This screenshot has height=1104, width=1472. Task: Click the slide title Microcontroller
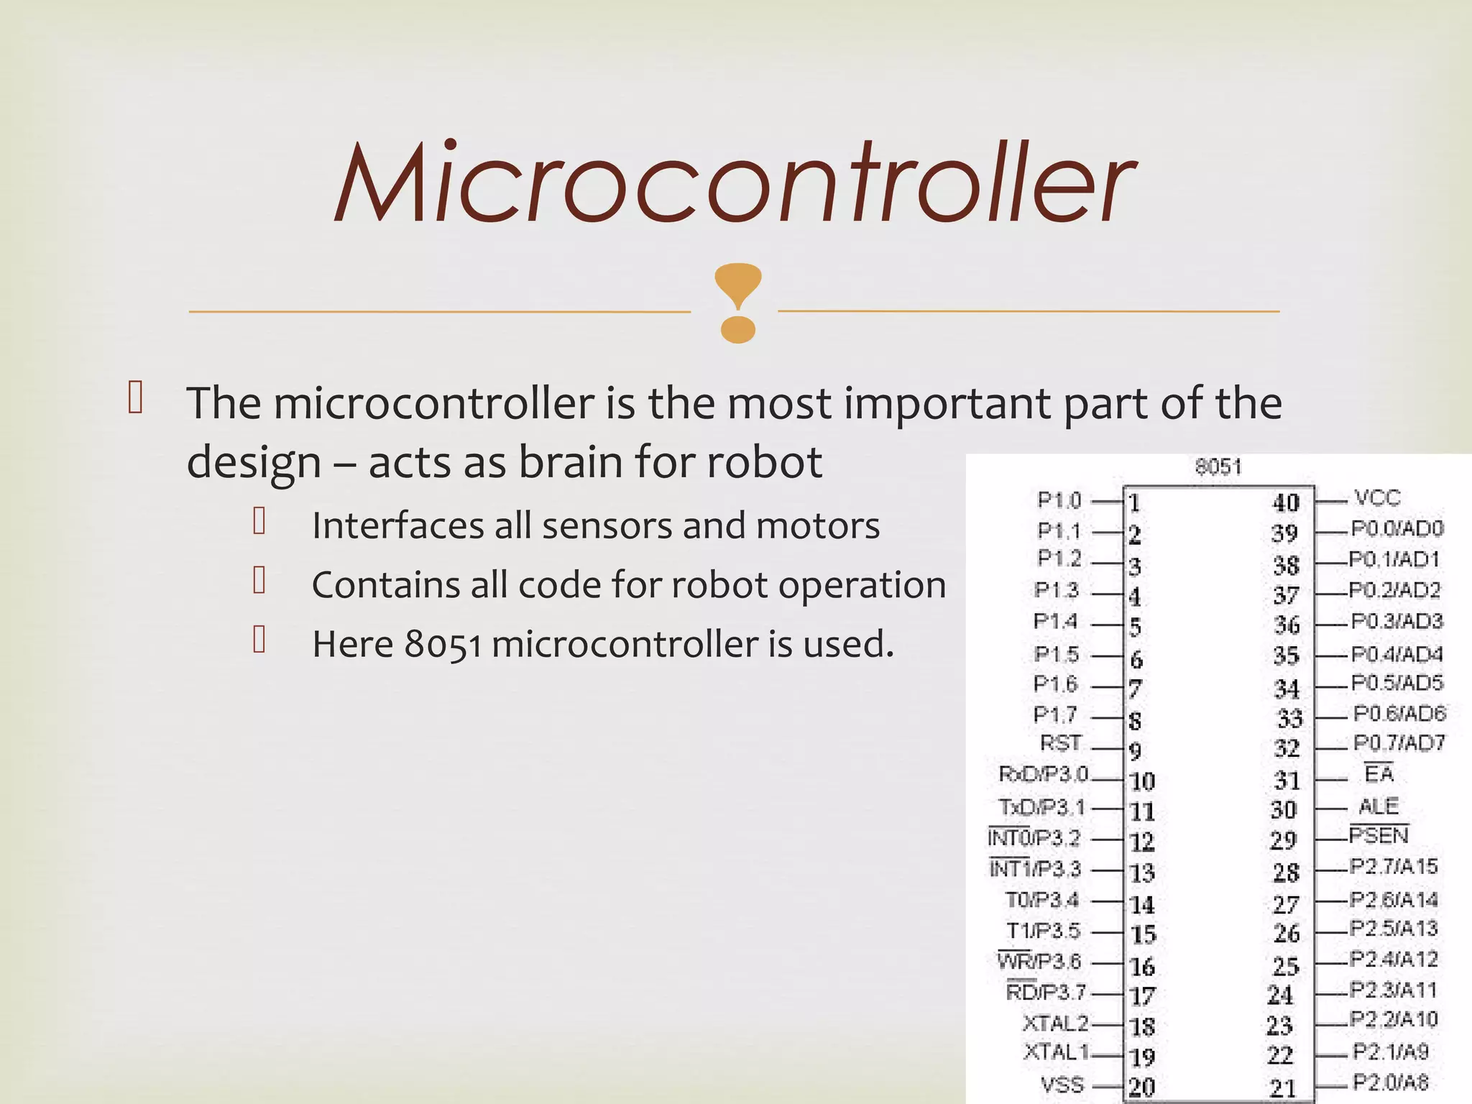pos(735,183)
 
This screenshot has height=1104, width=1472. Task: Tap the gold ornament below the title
pos(737,303)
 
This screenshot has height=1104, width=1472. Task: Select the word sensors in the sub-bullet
pos(607,525)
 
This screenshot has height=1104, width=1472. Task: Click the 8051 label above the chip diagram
pos(1218,467)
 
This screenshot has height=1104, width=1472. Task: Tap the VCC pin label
pos(1377,497)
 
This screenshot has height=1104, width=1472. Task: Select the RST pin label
pos(1060,743)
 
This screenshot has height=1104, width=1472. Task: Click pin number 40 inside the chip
pos(1285,502)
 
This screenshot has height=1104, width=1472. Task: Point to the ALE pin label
pos(1378,806)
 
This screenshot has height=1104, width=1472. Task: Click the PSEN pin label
pos(1379,836)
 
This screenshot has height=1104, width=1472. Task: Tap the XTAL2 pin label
pos(1055,1023)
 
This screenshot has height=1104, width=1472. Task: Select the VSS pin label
pos(1062,1085)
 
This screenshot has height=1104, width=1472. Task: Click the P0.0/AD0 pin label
pos(1397,529)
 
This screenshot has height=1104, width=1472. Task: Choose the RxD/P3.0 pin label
pos(1044,774)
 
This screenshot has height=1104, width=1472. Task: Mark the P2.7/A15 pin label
pos(1393,867)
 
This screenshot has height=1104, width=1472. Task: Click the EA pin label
pos(1379,774)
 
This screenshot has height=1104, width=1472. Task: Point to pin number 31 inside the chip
pos(1287,781)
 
